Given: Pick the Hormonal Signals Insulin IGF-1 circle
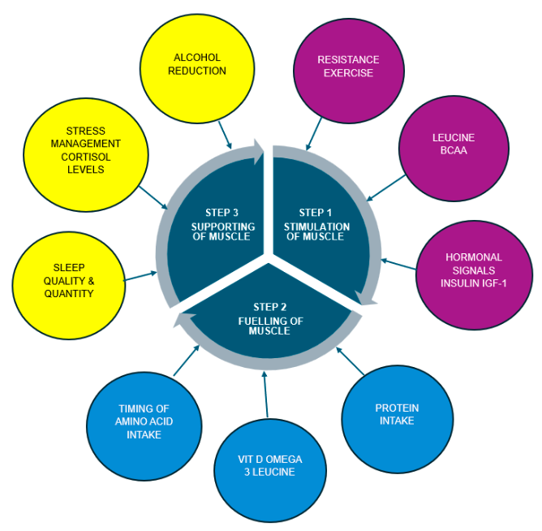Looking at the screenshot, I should tap(474, 270).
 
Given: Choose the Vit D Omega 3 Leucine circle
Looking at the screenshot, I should tap(271, 466).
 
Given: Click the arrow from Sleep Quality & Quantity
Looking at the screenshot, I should tap(140, 277).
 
